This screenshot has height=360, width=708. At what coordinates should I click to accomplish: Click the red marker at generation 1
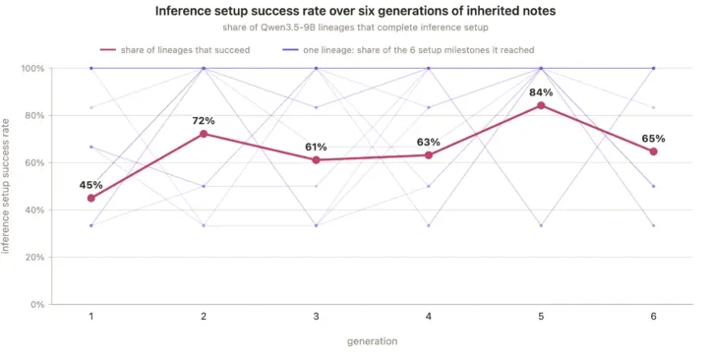coord(91,198)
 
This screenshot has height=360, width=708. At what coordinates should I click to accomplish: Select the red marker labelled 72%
coord(204,134)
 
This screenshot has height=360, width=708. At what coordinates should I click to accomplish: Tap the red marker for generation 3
coord(316,160)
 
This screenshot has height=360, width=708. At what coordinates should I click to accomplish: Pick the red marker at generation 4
coord(429,155)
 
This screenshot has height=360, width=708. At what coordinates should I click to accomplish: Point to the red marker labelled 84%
coord(541,105)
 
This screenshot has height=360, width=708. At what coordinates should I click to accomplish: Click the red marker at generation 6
coord(653,151)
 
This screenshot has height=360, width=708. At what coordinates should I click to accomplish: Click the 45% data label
coord(90,185)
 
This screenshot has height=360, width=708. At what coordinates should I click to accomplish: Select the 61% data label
coord(316,147)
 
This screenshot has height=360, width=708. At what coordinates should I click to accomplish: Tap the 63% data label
coord(429,143)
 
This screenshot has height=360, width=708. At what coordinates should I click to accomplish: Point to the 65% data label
coord(653,139)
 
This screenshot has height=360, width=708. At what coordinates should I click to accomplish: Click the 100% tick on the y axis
coord(32,68)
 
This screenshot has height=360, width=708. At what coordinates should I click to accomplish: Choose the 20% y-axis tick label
coord(34,258)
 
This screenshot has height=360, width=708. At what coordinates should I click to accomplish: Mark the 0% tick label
coord(37,305)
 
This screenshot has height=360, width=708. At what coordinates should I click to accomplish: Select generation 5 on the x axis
coord(541,316)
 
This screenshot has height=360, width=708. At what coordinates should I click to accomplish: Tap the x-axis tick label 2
coord(204,316)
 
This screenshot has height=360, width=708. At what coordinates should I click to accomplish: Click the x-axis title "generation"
coord(373,341)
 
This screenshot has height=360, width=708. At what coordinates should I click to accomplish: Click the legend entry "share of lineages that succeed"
coord(175,50)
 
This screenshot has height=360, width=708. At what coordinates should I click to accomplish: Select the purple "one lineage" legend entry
coord(409,50)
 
